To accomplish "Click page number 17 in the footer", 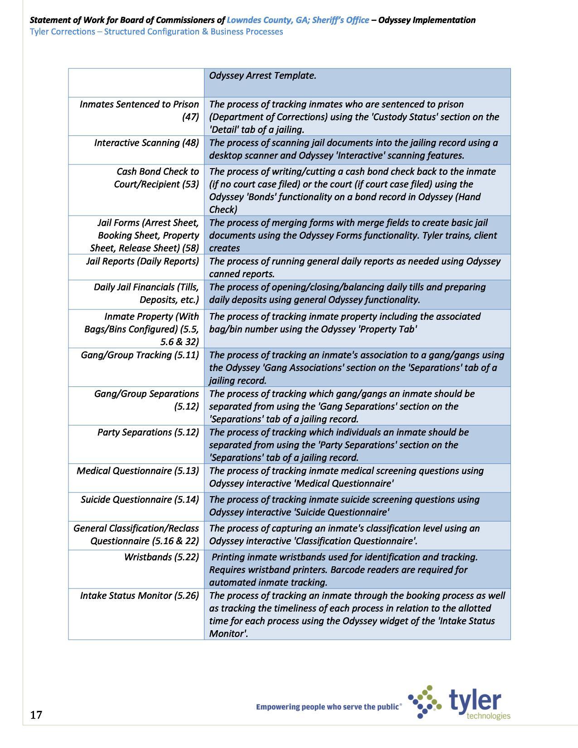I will (x=36, y=715).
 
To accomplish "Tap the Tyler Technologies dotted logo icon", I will (x=424, y=702).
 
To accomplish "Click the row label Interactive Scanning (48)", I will (x=146, y=143).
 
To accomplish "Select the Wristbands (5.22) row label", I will (x=161, y=557).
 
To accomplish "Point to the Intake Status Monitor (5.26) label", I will (x=140, y=595).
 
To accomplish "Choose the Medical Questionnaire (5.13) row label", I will (x=138, y=471).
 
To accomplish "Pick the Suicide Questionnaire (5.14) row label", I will (x=140, y=499).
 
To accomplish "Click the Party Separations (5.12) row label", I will (x=148, y=432).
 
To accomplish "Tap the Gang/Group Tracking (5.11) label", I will (x=140, y=355).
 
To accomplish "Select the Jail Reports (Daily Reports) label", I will (x=142, y=261).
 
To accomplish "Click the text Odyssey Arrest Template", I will (x=262, y=75).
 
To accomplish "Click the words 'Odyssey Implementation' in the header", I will (x=427, y=20).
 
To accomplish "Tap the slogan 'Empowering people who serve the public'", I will (x=328, y=706).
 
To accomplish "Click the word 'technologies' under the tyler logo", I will (x=488, y=716).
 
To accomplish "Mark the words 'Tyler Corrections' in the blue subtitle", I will (x=62, y=32).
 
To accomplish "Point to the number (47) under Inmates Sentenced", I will (x=190, y=117).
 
